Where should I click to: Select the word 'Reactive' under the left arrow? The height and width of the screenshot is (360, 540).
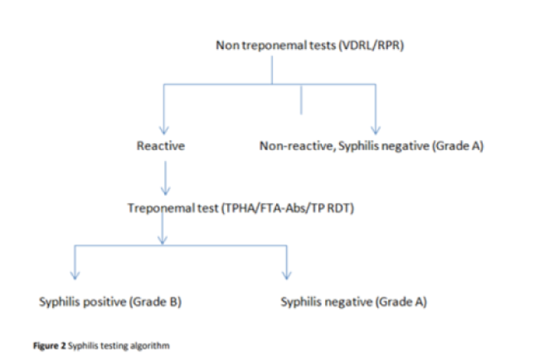point(160,146)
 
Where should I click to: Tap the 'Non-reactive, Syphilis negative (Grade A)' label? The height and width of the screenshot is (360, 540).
point(371,146)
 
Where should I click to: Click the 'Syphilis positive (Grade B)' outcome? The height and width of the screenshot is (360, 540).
point(110,302)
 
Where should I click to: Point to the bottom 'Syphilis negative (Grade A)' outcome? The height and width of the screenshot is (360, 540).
point(353,302)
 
